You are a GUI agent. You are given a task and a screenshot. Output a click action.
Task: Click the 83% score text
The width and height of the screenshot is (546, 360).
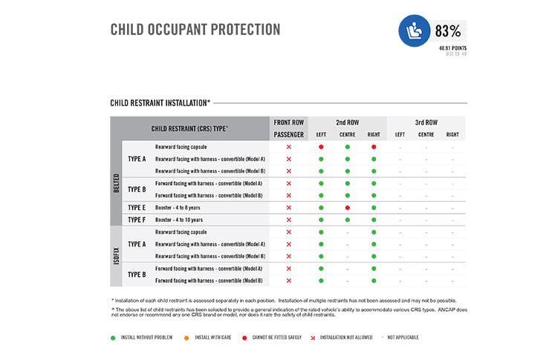(449, 31)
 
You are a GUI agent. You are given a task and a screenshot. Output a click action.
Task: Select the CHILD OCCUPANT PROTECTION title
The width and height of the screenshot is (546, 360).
(195, 30)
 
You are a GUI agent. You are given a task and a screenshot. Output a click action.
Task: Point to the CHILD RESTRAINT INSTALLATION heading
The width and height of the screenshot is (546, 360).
(160, 102)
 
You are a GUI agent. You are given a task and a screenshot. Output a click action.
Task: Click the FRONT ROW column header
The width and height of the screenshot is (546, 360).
(289, 122)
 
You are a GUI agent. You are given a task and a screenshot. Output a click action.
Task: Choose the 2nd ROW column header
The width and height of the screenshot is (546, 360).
(347, 122)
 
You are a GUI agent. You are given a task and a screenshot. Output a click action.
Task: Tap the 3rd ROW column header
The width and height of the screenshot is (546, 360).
(426, 122)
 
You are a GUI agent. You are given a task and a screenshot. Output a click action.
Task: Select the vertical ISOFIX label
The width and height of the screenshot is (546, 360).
(117, 256)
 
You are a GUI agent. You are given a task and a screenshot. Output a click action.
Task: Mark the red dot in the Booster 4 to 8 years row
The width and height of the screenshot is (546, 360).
(347, 208)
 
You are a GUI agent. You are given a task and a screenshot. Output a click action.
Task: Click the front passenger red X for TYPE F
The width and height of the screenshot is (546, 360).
(289, 220)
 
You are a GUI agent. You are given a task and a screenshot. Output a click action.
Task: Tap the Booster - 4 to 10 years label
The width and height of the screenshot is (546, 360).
(179, 220)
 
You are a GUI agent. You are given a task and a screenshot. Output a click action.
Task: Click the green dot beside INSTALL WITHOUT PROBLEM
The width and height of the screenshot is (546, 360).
(114, 337)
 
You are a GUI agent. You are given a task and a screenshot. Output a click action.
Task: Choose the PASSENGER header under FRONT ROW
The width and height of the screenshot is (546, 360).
(289, 134)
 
